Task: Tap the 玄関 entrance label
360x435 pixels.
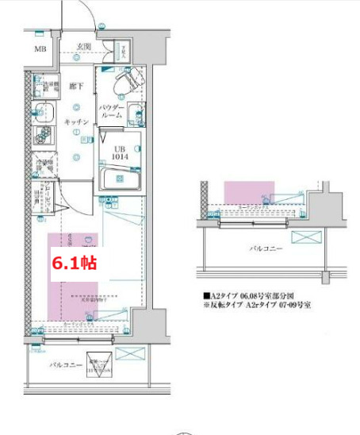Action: pos(83,46)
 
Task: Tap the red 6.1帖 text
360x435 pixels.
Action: pos(74,263)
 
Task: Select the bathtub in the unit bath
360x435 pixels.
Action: pos(120,177)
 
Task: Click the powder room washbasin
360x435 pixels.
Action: pos(133,113)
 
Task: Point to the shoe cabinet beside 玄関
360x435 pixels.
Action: pos(124,53)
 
